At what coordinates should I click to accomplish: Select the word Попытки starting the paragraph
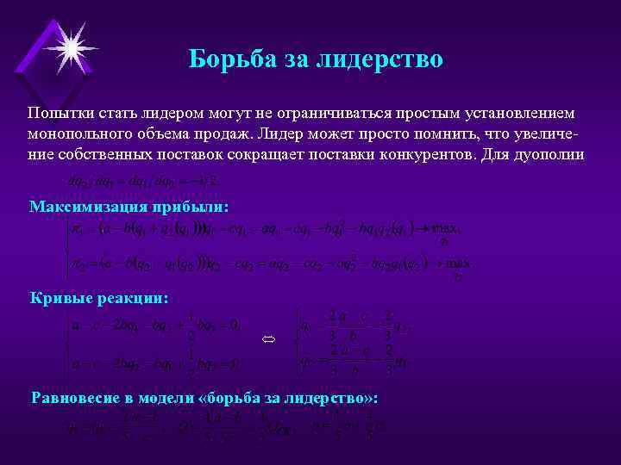click(57, 114)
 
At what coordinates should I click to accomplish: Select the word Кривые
click(58, 297)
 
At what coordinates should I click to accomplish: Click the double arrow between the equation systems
click(268, 342)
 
